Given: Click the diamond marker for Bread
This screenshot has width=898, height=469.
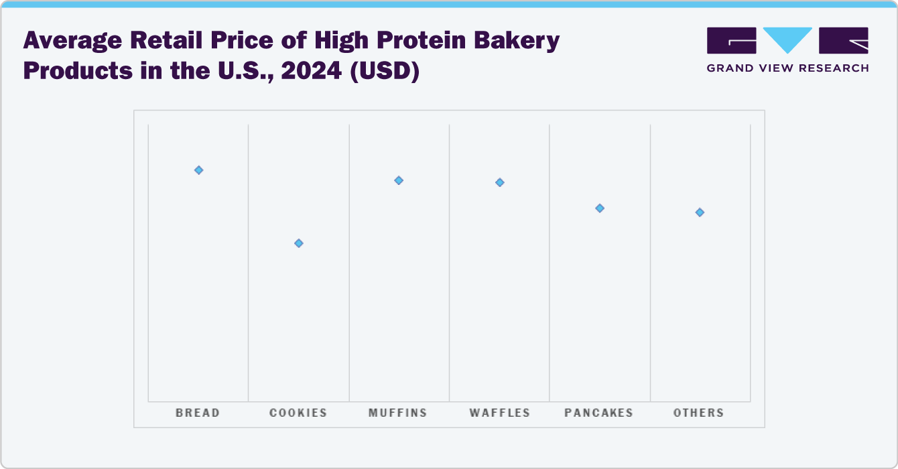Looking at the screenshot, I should click(x=198, y=170).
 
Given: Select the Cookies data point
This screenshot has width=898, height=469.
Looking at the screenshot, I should click(x=299, y=243).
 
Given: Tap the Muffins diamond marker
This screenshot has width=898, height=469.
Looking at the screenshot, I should click(x=399, y=180).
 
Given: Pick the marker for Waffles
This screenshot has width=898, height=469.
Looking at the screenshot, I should click(x=499, y=182).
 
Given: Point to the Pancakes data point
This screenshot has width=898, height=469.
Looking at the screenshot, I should click(x=600, y=208).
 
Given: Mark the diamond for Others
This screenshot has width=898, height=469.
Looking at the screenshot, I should click(x=700, y=212).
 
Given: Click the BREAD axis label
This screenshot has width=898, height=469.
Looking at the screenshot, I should click(x=198, y=413).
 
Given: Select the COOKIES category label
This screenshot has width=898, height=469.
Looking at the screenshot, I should click(x=298, y=413).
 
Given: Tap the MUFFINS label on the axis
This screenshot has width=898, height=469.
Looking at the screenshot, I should click(x=398, y=413).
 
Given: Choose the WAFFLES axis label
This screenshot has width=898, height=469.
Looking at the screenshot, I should click(x=500, y=413).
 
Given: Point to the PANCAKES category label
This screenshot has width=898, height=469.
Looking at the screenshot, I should click(x=599, y=413).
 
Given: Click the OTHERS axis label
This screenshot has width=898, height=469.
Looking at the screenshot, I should click(x=699, y=413).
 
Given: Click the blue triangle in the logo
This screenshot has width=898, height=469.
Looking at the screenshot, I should click(x=788, y=39).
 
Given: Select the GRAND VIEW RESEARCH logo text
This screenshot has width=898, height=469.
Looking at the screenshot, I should click(x=788, y=68).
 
